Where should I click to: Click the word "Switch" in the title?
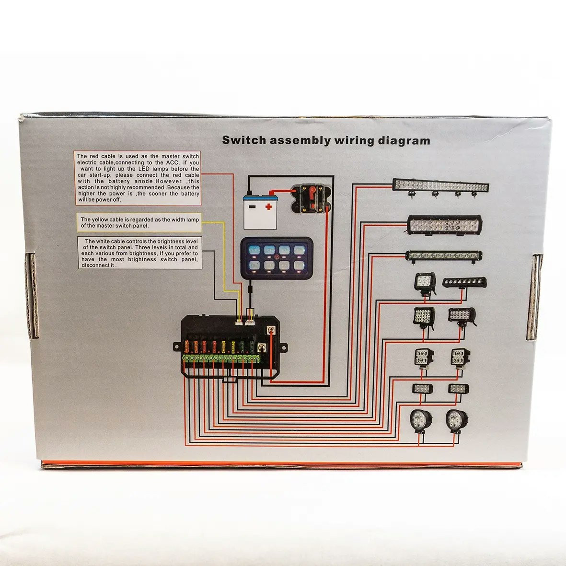pos(244,140)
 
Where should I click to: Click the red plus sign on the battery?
pos(268,207)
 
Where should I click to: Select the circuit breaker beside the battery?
pos(310,200)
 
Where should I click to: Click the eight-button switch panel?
pos(277,258)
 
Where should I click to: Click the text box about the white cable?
pos(139,253)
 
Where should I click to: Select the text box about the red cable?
pos(138,178)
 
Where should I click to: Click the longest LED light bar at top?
pos(441,185)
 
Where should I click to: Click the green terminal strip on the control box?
pos(221,359)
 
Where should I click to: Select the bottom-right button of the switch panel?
pos(299,266)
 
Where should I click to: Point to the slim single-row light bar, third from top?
pos(444,255)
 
